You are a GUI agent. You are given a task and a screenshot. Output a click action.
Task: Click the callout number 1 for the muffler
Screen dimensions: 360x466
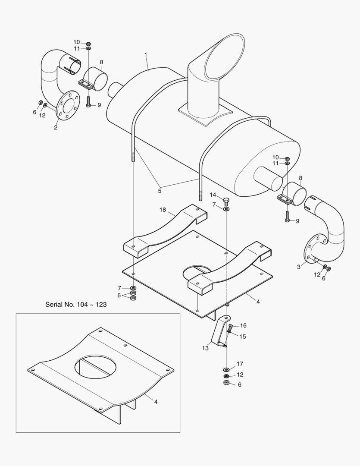pos(146,55)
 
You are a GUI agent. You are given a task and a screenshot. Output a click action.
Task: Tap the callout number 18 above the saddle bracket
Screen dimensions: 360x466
pos(163,210)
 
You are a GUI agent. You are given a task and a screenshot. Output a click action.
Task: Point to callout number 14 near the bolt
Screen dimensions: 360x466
pos(213,195)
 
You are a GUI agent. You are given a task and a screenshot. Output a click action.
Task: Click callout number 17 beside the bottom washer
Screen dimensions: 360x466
pos(240,364)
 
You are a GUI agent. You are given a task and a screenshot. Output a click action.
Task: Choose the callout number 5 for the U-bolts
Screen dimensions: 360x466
pos(160,190)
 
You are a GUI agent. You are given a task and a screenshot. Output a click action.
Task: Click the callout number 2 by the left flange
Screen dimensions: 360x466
pos(56,127)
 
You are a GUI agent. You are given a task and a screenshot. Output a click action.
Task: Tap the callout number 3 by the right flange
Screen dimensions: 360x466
pos(298,267)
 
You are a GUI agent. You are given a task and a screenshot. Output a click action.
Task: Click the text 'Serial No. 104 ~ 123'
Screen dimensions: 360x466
pos(76,304)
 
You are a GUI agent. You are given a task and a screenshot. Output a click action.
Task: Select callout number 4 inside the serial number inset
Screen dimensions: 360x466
pos(156,402)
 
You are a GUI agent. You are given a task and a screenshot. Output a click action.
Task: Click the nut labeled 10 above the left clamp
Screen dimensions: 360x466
pos(88,44)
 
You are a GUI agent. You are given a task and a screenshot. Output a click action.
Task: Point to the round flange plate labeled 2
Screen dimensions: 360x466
pos(67,105)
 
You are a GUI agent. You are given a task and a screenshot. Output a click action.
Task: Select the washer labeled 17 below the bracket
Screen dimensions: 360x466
pos(226,370)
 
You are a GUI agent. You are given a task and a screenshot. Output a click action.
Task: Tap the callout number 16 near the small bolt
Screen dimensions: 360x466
pos(243,325)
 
